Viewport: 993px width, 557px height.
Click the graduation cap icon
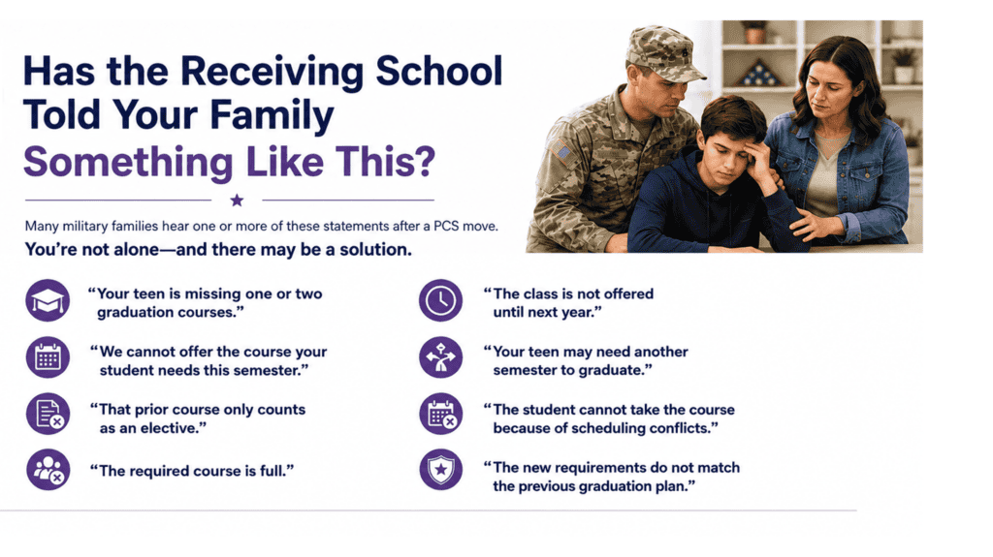(x=48, y=300)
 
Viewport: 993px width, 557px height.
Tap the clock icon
(x=441, y=300)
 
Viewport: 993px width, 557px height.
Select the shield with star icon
(x=441, y=470)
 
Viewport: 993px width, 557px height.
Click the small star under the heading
(x=237, y=201)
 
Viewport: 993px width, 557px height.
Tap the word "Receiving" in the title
(x=272, y=72)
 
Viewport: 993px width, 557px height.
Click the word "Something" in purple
(x=129, y=163)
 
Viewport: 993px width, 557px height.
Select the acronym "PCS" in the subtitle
(x=446, y=226)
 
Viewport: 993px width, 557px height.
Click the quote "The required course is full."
(x=192, y=471)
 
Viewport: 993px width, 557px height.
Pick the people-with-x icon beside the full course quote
(x=48, y=470)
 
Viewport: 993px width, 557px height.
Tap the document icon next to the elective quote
(x=48, y=414)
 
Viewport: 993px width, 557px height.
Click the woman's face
(x=828, y=96)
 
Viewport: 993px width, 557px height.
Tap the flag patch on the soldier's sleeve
(x=561, y=152)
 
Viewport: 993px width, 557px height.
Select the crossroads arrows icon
(x=441, y=357)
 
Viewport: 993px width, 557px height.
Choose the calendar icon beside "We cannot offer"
(x=48, y=357)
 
